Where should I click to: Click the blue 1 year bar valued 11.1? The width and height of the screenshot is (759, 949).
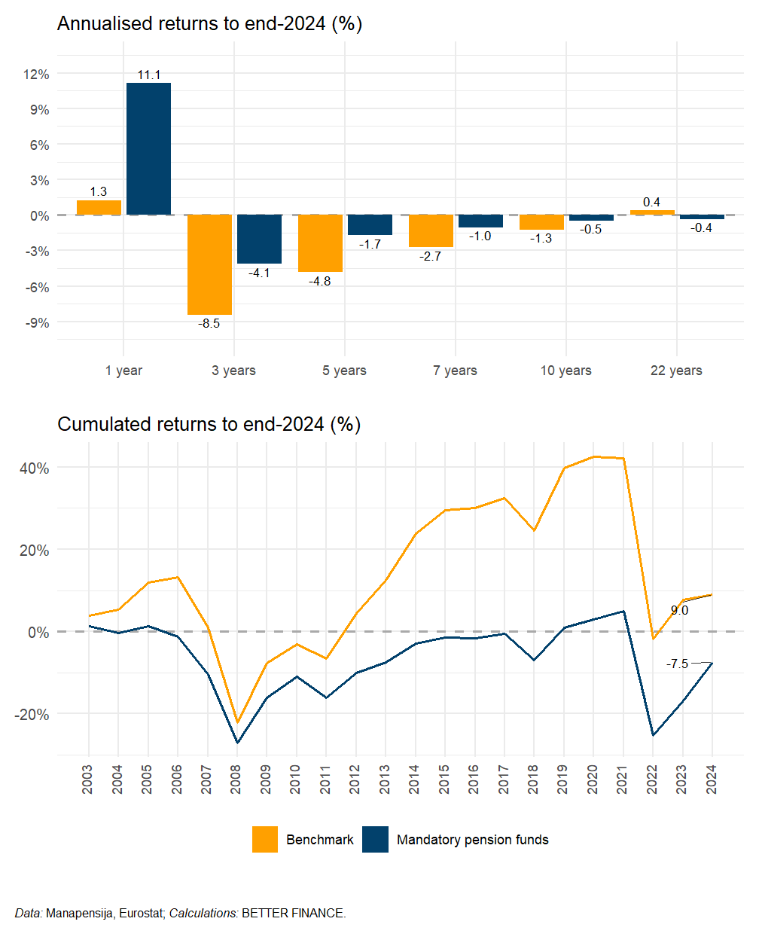coord(148,148)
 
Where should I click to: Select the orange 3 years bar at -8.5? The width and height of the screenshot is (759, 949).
coord(209,264)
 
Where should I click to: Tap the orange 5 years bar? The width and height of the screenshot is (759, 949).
coord(320,243)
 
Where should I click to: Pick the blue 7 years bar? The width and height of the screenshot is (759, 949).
coord(480,221)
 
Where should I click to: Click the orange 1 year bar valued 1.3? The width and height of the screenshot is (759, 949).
coord(99,208)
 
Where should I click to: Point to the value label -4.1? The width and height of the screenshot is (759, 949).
coord(259,273)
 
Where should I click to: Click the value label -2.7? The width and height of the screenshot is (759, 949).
coord(431,256)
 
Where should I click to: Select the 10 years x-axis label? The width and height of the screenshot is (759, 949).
coord(565,371)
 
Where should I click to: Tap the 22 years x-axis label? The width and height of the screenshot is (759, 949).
coord(676,371)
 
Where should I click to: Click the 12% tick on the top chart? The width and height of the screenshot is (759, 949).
coord(36,74)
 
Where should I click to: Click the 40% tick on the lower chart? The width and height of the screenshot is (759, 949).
coord(35,468)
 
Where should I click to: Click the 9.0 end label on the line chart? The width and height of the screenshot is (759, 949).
coord(679,611)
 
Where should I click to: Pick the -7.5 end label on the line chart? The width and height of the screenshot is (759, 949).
coord(677,664)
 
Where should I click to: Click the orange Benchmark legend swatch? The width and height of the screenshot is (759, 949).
coord(265,840)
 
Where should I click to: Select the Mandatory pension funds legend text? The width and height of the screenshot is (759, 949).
coord(472,840)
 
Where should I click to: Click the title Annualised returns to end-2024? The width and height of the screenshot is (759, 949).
coord(209,24)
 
